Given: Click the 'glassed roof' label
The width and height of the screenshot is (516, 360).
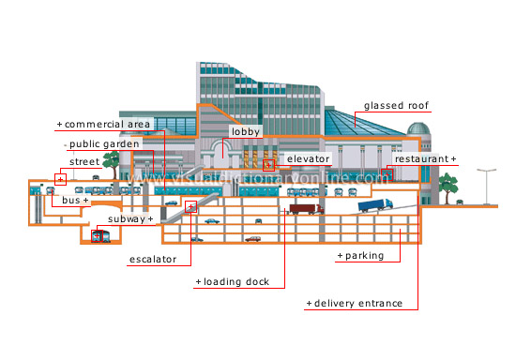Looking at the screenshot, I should [x=396, y=106].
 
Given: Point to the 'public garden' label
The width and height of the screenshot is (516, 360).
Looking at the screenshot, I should [x=105, y=144].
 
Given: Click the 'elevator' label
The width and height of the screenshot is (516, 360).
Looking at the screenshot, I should [x=308, y=159].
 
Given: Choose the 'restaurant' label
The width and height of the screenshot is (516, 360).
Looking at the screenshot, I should [x=424, y=159].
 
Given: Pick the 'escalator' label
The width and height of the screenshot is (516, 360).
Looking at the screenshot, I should [x=152, y=259].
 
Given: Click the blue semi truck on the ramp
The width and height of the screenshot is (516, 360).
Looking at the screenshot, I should [x=374, y=205].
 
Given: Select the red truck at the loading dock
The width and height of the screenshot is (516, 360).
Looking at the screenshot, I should [x=302, y=209].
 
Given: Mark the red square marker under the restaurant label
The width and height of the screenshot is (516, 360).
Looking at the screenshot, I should [x=386, y=175].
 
